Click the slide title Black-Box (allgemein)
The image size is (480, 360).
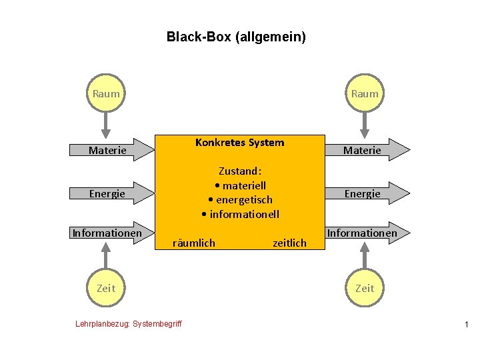[236, 37]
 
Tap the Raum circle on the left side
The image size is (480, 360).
[106, 94]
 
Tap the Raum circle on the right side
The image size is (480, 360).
[365, 94]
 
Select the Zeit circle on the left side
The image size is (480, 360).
[106, 288]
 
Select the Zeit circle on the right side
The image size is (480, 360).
[365, 288]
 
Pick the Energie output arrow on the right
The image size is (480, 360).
[367, 194]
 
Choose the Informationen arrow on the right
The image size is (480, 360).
[367, 233]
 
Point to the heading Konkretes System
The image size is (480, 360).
[239, 143]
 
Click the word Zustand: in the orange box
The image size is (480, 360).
[239, 171]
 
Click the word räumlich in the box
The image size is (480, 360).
[194, 243]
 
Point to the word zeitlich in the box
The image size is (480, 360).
[289, 243]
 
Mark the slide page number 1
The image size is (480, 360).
[466, 324]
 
